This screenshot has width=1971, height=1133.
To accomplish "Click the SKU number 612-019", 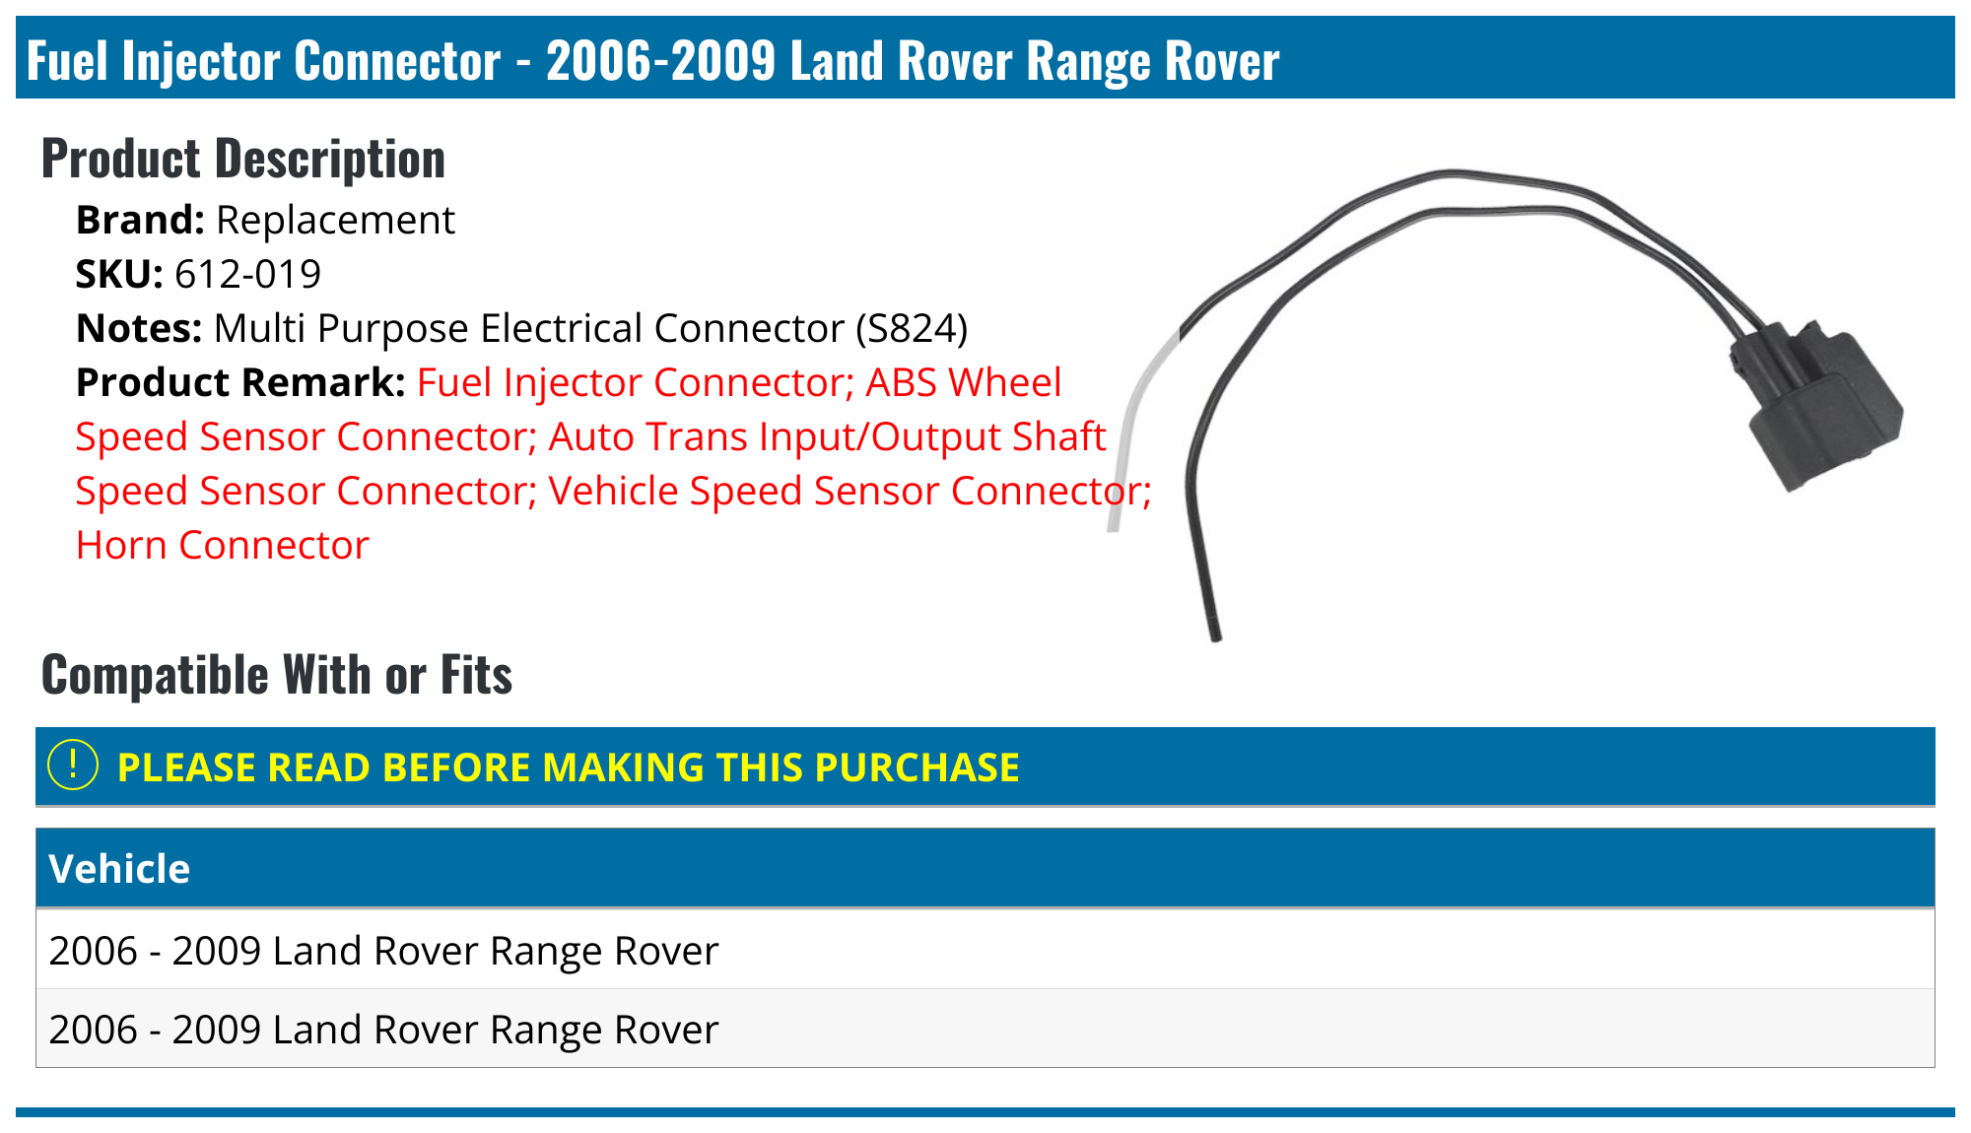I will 247,274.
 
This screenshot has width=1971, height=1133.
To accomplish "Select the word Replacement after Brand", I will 335,220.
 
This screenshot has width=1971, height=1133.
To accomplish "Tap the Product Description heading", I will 242,159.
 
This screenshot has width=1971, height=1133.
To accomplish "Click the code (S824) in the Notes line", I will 912,328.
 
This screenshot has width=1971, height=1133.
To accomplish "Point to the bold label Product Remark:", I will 240,382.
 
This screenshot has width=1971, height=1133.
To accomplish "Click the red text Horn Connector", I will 223,545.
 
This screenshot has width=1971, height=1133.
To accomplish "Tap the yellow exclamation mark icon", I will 73,766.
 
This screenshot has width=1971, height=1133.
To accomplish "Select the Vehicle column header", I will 119,869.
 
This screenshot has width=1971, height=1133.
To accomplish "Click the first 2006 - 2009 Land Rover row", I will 383,951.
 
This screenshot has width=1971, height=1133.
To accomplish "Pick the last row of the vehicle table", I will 383,1030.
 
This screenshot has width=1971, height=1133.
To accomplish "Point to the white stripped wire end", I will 1123,463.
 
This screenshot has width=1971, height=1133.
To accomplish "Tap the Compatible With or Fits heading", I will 277,675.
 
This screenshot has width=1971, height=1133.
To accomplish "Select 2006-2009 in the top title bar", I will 660,60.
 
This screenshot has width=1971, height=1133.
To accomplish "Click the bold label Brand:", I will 140,220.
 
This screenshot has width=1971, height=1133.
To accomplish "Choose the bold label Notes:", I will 139,328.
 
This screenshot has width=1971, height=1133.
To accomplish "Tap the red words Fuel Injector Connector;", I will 635,382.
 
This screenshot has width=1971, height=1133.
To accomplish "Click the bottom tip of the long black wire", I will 1215,635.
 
